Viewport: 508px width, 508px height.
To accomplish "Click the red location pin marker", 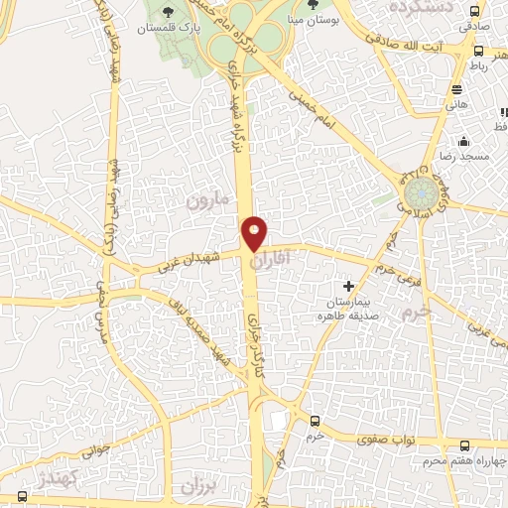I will pyautogui.click(x=254, y=233).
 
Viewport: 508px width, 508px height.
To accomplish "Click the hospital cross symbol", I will pyautogui.click(x=347, y=286).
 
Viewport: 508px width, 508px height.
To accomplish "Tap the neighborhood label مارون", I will pyautogui.click(x=207, y=200).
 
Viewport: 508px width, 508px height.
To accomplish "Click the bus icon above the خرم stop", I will pyautogui.click(x=316, y=422).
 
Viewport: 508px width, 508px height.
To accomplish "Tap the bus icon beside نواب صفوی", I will pyautogui.click(x=464, y=445).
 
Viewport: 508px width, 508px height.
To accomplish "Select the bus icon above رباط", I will pyautogui.click(x=478, y=51).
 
